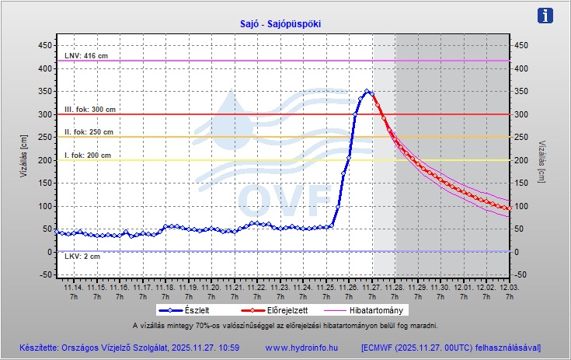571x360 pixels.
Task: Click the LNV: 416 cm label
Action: click(86, 56)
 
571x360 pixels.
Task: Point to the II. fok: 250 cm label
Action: click(89, 132)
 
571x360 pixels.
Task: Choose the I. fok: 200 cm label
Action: click(88, 156)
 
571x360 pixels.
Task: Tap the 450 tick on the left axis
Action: click(45, 45)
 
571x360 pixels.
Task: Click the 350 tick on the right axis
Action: click(521, 92)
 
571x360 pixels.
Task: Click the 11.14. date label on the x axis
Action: click(74, 287)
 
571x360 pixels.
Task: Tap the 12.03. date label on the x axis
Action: click(507, 287)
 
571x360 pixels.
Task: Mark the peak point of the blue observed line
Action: click(367, 91)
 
